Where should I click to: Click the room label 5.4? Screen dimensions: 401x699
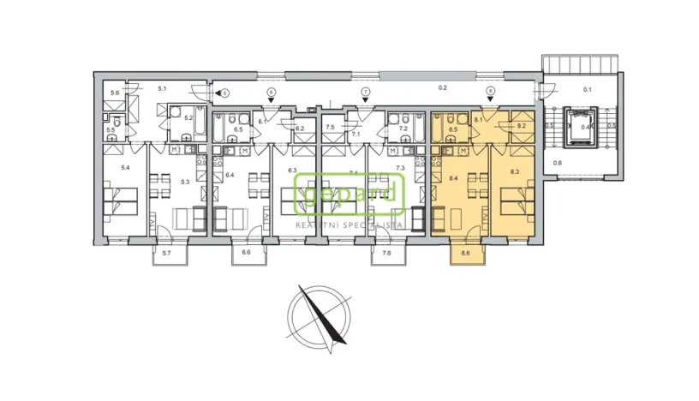pos(125,168)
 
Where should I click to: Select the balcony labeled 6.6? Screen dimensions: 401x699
pos(246,254)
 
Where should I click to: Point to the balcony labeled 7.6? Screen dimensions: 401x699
pos(385,254)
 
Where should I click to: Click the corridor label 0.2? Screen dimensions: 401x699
pos(442,87)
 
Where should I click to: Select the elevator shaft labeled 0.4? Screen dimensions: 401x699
pos(586,126)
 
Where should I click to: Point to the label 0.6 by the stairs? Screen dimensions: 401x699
pos(557,163)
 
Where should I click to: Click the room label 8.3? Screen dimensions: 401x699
pos(514,172)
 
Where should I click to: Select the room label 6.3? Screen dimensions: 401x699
pos(292,171)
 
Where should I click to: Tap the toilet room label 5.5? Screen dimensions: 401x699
pos(111,130)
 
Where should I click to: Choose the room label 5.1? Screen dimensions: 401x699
pos(161,87)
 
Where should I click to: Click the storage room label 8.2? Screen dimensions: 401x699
pos(521,126)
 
